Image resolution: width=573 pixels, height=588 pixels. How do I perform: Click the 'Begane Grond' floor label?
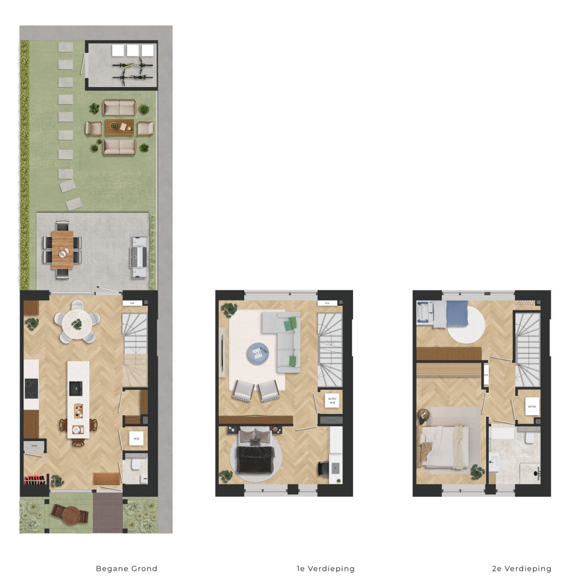[x=126, y=569]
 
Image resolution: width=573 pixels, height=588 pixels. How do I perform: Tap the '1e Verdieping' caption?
[x=326, y=569]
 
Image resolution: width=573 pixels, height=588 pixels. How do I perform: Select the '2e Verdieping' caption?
[x=522, y=569]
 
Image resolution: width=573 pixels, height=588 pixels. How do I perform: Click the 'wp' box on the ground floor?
[x=136, y=438]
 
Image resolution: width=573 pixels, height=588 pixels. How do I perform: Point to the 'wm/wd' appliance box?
[x=332, y=400]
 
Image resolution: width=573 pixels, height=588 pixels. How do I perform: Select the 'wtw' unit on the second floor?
[x=532, y=406]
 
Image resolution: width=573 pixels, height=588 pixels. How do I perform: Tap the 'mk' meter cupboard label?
[x=34, y=446]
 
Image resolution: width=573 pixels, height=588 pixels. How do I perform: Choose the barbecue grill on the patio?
[x=138, y=258]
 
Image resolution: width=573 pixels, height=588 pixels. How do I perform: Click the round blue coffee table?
[x=258, y=353]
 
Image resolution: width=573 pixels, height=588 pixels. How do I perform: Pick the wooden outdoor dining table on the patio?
[x=63, y=250]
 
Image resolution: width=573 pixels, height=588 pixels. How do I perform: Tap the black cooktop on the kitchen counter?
[x=31, y=388]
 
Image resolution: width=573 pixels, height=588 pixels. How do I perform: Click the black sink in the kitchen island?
[x=75, y=388]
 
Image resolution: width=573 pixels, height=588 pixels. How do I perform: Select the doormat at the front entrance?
[x=107, y=479]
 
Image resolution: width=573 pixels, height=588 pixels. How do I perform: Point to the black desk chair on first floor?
[x=323, y=469]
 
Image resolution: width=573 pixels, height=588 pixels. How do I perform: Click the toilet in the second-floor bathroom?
[x=530, y=437]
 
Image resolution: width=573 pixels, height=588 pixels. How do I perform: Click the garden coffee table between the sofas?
[x=119, y=128]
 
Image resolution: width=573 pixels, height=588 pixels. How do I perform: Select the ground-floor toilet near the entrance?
[x=136, y=465]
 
